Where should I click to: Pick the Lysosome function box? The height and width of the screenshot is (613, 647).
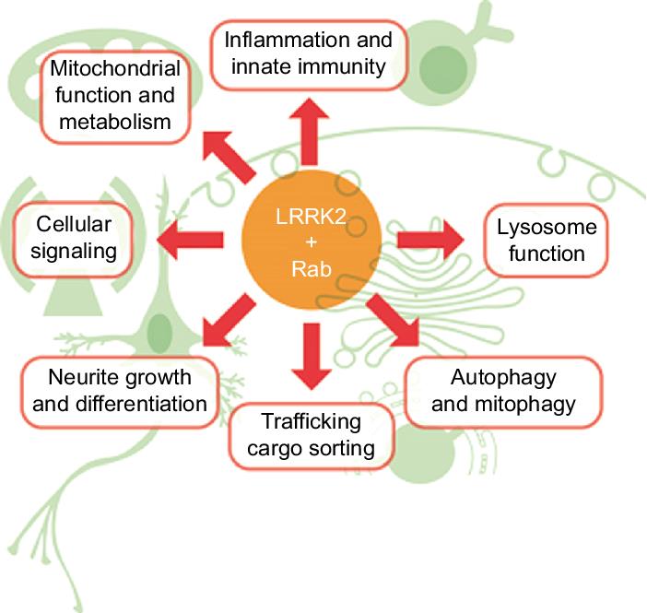pyautogui.click(x=547, y=239)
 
